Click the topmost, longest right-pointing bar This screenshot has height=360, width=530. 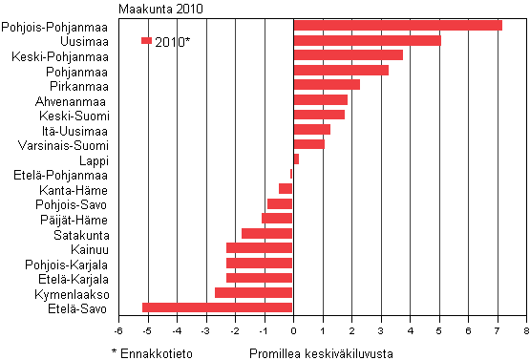397,25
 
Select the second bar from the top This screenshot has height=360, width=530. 367,40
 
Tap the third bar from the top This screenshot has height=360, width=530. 348,54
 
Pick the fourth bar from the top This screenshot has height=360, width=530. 341,70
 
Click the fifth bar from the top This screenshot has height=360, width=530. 327,84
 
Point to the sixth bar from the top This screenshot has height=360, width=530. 320,99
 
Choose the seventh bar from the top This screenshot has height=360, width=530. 319,115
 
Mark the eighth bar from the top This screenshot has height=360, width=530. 311,129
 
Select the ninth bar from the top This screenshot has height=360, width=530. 308,144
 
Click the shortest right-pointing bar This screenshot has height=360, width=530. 296,159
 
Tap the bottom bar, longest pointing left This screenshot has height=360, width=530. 218,307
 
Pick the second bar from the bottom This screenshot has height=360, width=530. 254,292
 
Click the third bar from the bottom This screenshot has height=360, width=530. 260,278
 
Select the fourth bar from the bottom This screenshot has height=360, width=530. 260,263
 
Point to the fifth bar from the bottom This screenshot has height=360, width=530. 260,248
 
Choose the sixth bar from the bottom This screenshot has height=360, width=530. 267,233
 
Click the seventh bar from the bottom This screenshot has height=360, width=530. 277,219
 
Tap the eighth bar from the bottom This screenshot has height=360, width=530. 280,203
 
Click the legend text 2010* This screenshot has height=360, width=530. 173,42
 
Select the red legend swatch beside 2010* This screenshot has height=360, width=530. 146,41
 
